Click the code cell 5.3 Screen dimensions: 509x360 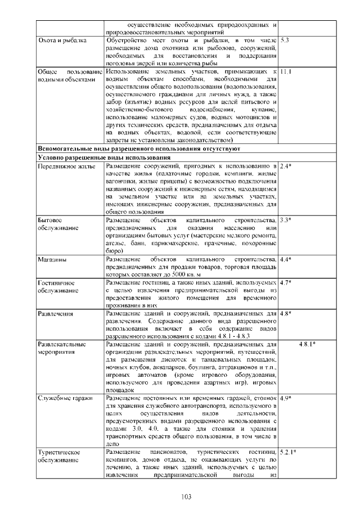[x=285, y=41]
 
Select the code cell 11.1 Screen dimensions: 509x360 [x=286, y=72]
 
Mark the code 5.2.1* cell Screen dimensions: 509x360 [x=288, y=452]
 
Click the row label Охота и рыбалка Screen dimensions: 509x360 [x=62, y=41]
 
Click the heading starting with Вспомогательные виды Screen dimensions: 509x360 [x=138, y=149]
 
